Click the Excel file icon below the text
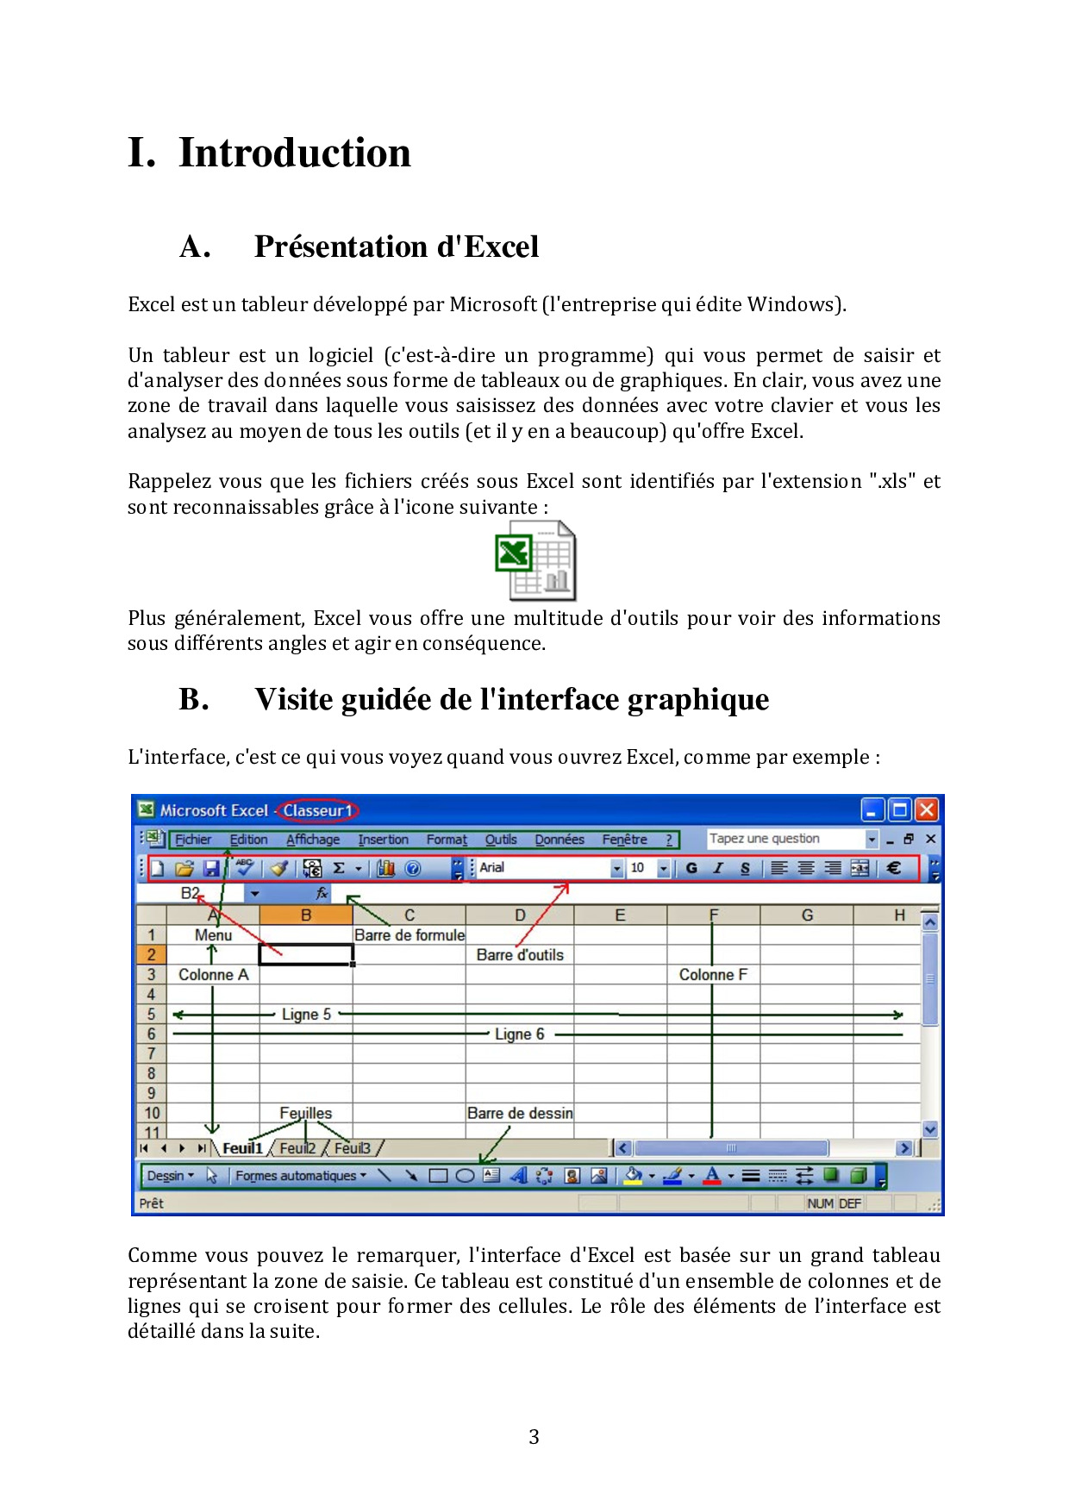tap(535, 561)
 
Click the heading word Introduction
tap(294, 153)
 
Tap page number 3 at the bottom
tap(534, 1436)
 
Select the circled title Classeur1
tap(317, 810)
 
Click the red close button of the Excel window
tap(926, 809)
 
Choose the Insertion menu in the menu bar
tap(383, 839)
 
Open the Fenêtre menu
tap(624, 839)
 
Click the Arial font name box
tap(543, 868)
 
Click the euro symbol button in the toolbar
tap(894, 868)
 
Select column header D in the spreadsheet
tap(520, 915)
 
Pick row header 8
tap(152, 1073)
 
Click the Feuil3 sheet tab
tap(352, 1148)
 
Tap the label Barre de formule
tap(409, 935)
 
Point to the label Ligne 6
tap(519, 1034)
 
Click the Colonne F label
tap(713, 974)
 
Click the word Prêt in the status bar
tap(152, 1203)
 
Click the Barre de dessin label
tap(520, 1113)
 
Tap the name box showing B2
tap(191, 893)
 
